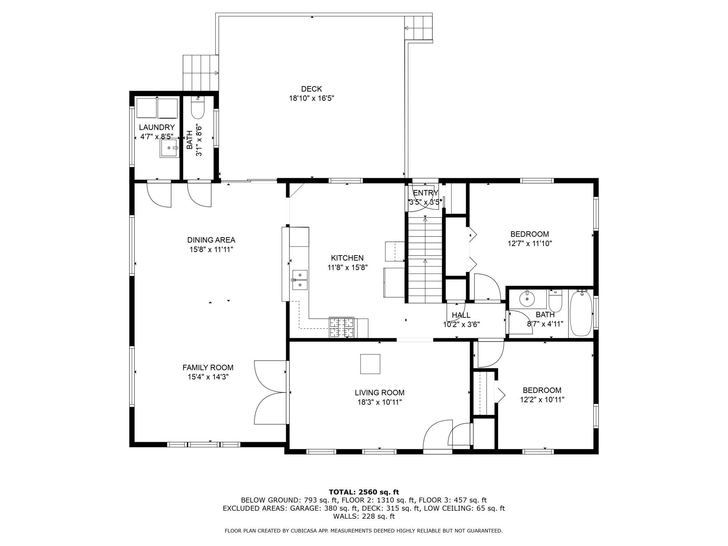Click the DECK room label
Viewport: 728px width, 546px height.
click(311, 89)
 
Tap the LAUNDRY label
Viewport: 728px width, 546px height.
click(157, 127)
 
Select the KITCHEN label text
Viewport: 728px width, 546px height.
click(347, 258)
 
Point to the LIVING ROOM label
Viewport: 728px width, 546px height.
click(379, 393)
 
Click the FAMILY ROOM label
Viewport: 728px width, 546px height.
click(208, 367)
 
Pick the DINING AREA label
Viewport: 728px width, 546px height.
click(211, 240)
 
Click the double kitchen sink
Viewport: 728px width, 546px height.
click(300, 280)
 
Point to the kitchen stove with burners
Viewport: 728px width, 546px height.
click(341, 327)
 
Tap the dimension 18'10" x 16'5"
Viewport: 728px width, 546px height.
click(311, 99)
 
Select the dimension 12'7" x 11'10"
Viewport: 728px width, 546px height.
click(530, 244)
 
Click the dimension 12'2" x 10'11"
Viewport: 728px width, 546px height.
click(542, 400)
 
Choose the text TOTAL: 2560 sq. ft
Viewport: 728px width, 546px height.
click(364, 492)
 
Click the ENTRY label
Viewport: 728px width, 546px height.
click(426, 193)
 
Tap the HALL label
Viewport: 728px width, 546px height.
click(461, 315)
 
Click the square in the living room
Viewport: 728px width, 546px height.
click(370, 364)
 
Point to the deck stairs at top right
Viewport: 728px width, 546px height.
click(419, 28)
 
